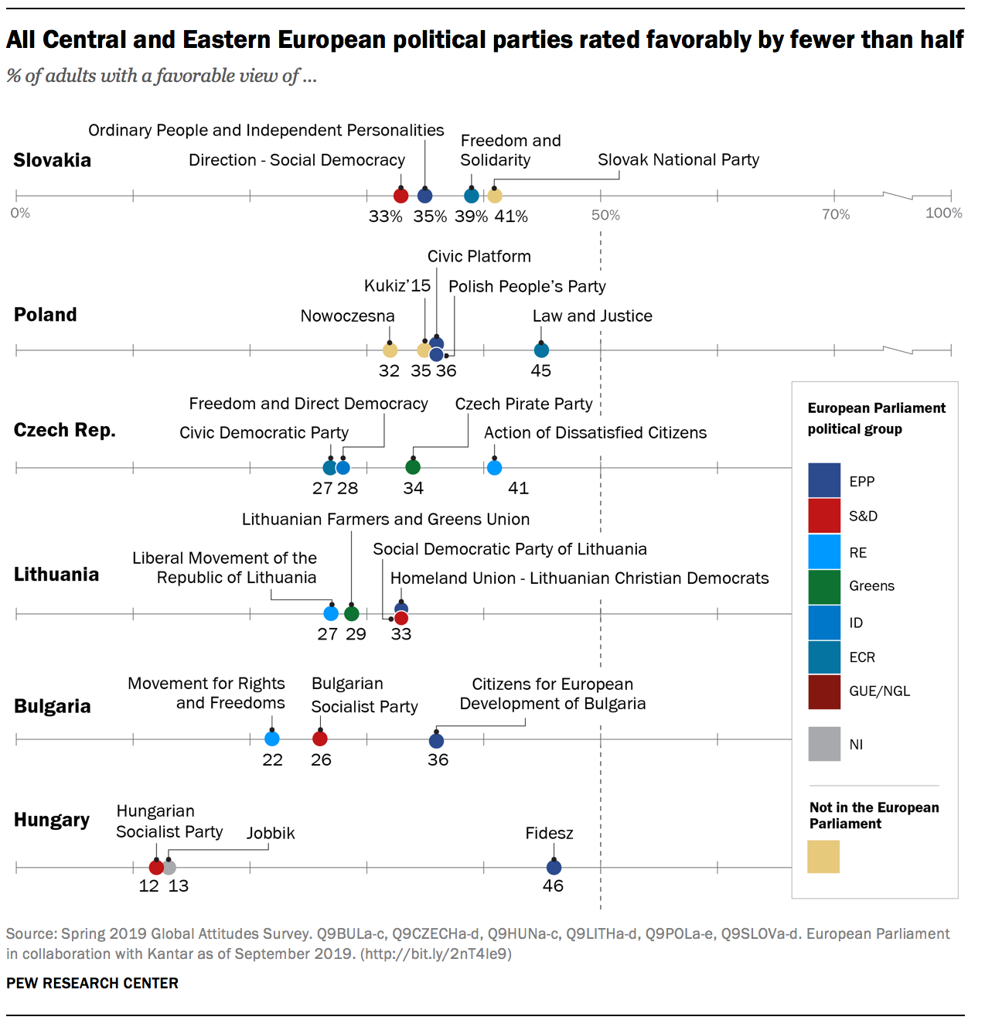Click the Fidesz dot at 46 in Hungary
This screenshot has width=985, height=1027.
click(x=554, y=868)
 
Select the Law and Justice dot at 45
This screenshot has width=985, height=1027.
click(x=541, y=350)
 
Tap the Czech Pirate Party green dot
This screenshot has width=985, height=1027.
click(x=413, y=467)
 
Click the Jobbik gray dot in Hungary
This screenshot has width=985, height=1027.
click(x=169, y=868)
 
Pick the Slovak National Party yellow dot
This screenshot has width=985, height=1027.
click(x=495, y=196)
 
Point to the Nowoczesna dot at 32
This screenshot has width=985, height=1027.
click(x=390, y=350)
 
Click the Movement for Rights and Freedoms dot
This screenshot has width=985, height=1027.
click(x=272, y=739)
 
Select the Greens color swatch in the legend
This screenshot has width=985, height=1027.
click(x=824, y=586)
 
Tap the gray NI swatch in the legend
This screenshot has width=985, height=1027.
click(x=824, y=744)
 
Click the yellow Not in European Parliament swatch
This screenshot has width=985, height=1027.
click(x=823, y=857)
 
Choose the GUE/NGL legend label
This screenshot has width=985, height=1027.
click(x=879, y=691)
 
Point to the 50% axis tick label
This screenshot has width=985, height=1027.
click(x=605, y=215)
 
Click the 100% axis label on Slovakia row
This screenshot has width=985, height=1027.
click(x=943, y=213)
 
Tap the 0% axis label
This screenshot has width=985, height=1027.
click(x=21, y=213)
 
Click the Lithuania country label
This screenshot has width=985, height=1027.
click(x=56, y=575)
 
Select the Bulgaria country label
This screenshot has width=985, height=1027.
click(x=53, y=706)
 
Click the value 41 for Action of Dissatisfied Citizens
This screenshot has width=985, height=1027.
click(x=518, y=488)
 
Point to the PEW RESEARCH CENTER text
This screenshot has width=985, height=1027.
click(x=92, y=983)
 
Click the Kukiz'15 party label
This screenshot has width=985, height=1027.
click(x=397, y=286)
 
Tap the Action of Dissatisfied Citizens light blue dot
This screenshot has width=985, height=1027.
click(x=495, y=467)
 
